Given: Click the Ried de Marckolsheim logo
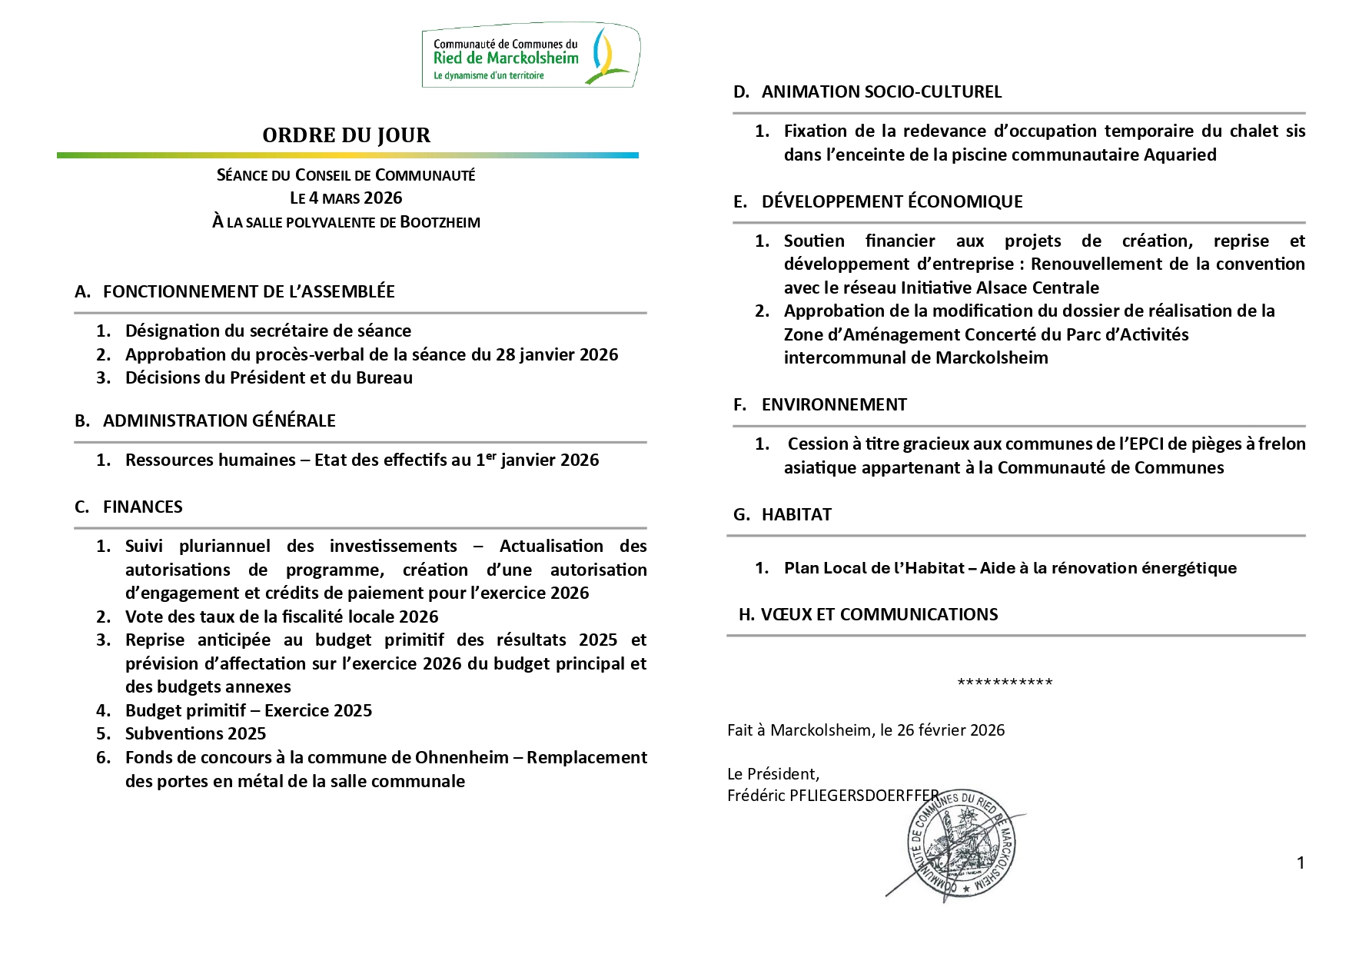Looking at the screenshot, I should (530, 55).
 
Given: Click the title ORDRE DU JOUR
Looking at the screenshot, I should (346, 135).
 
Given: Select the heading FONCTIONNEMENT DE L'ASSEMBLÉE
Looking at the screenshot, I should (248, 291).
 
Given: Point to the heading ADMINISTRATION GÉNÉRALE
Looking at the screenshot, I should (219, 420).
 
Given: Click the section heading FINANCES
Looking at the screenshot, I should (143, 507).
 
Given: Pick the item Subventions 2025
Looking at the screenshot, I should (195, 733).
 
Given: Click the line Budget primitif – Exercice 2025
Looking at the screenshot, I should (248, 710).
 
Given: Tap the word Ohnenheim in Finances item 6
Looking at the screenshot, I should (461, 757).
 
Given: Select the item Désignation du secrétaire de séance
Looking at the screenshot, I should (268, 331).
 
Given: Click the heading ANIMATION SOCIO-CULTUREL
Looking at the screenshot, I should (882, 92).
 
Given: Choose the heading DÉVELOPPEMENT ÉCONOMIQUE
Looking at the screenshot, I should (892, 201).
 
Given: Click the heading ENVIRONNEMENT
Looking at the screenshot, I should (834, 404).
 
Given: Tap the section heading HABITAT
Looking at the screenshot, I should (796, 514).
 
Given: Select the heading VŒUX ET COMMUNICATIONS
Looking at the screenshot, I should (879, 614).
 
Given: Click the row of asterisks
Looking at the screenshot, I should (1005, 683).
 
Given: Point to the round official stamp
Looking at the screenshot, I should (962, 846).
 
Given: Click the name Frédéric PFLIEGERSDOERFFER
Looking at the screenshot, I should (832, 796).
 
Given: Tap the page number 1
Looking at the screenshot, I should (1301, 863).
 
